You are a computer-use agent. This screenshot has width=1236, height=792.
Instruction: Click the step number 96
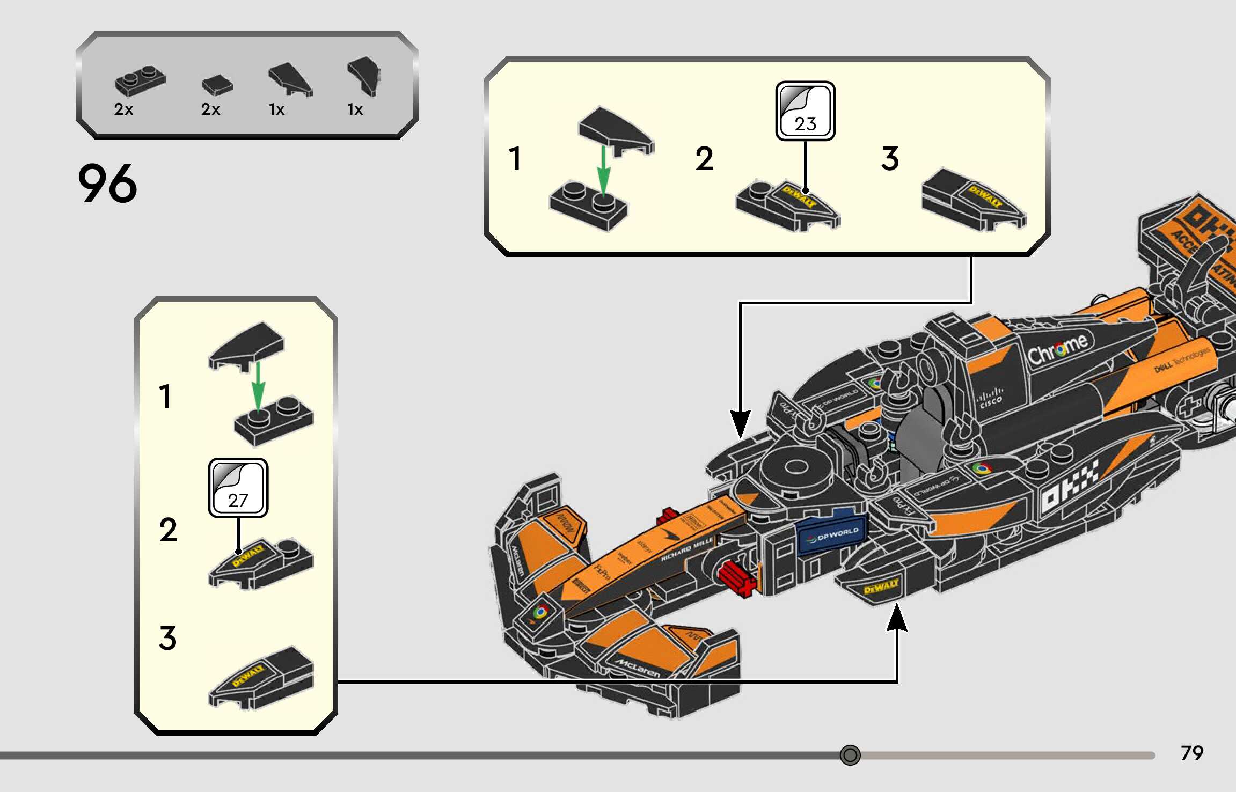tap(107, 184)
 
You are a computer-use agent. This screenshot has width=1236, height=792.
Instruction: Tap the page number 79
tap(1191, 753)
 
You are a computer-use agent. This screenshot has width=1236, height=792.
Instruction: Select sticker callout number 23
tap(805, 112)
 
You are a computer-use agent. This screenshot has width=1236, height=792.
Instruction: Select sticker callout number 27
tap(238, 488)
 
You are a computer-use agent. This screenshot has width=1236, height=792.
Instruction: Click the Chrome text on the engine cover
tap(1058, 350)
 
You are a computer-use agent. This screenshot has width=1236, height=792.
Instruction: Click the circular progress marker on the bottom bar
tap(850, 755)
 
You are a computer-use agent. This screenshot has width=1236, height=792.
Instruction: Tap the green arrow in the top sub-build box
tap(604, 171)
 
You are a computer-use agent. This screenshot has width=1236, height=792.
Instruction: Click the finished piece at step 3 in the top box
tap(974, 200)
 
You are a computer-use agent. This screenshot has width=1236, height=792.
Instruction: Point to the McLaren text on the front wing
tap(638, 668)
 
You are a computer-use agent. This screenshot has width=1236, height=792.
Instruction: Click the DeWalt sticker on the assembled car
tap(881, 586)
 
